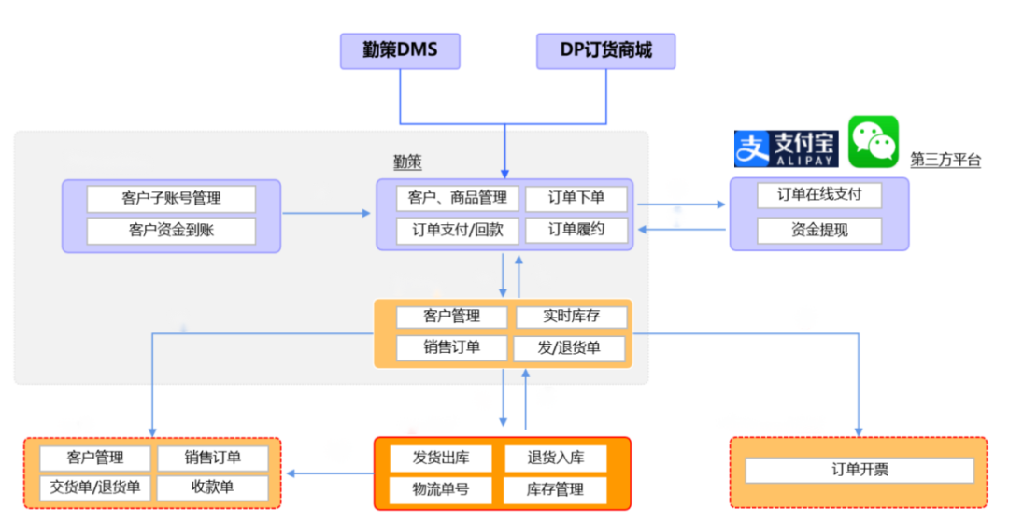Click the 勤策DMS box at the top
point(400,50)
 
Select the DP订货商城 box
point(605,50)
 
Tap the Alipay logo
point(786,148)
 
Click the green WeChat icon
point(873,141)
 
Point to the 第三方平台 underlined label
point(945,160)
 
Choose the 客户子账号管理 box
point(171,199)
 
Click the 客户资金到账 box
point(171,230)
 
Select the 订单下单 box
point(576,198)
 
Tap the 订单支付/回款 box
point(451,230)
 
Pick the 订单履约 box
point(576,230)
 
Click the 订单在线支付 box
point(819,195)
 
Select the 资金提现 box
point(819,230)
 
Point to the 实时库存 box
point(571,317)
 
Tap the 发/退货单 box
point(569,348)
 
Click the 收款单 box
point(212,487)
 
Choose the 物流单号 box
point(441,488)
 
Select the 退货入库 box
point(555,458)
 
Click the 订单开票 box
point(860,470)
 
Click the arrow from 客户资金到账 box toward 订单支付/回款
point(327,214)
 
